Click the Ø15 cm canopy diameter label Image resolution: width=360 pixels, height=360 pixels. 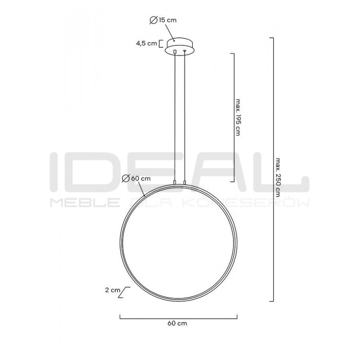(163, 20)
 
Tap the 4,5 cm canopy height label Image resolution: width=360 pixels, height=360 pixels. (147, 44)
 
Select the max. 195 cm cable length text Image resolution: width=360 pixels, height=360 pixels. (238, 119)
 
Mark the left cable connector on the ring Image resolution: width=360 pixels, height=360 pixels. (175, 182)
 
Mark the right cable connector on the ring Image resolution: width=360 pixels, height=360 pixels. (184, 182)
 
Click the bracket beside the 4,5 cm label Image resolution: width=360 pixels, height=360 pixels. (162, 44)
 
